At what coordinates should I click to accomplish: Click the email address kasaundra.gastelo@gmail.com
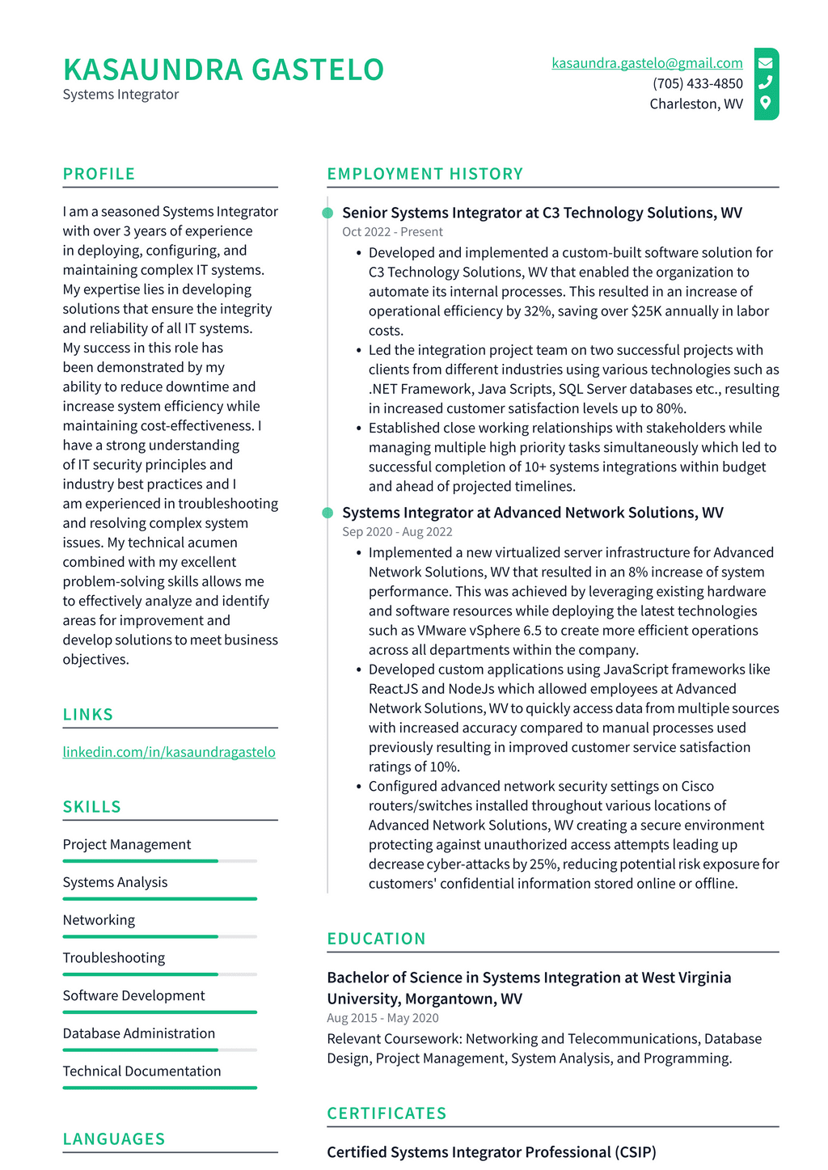pyautogui.click(x=647, y=63)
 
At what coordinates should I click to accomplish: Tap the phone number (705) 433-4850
pyautogui.click(x=697, y=83)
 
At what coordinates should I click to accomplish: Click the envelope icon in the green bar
pyautogui.click(x=765, y=62)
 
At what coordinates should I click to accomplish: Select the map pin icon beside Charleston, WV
pyautogui.click(x=765, y=103)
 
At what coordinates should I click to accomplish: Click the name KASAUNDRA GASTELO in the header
pyautogui.click(x=223, y=70)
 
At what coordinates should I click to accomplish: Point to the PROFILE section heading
pyautogui.click(x=99, y=174)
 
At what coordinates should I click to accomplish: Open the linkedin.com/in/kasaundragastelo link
pyautogui.click(x=169, y=752)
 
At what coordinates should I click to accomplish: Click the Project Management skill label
pyautogui.click(x=127, y=844)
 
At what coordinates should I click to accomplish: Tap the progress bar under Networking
pyautogui.click(x=159, y=936)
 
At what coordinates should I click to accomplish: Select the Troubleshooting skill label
pyautogui.click(x=114, y=957)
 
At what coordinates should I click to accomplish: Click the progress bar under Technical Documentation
pyautogui.click(x=159, y=1088)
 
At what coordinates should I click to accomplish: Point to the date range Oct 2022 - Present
pyautogui.click(x=392, y=232)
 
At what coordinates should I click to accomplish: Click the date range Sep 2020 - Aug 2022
pyautogui.click(x=397, y=532)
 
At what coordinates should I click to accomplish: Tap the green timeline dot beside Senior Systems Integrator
pyautogui.click(x=327, y=213)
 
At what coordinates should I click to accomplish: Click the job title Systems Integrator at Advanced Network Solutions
pyautogui.click(x=532, y=513)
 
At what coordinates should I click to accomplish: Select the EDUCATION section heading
pyautogui.click(x=376, y=939)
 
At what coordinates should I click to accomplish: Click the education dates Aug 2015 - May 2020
pyautogui.click(x=382, y=1018)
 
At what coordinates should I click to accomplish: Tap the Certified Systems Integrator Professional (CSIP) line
pyautogui.click(x=491, y=1152)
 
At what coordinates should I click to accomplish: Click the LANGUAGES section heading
pyautogui.click(x=114, y=1139)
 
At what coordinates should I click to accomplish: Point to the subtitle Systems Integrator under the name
pyautogui.click(x=120, y=95)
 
